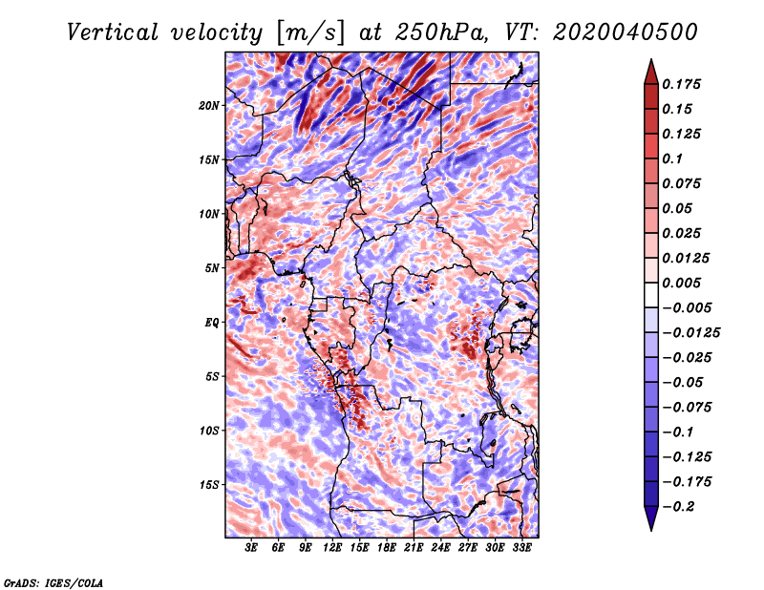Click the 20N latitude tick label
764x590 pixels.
[x=209, y=105]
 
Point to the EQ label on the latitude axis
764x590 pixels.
[x=212, y=322]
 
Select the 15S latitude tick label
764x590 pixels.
[x=209, y=485]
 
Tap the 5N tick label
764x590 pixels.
[x=212, y=268]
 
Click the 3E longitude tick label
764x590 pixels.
[x=251, y=548]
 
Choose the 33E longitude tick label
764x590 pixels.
[x=521, y=548]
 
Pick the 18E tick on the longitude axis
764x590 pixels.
[x=386, y=548]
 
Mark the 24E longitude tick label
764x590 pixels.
[x=440, y=548]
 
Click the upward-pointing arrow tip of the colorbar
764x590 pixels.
[x=649, y=62]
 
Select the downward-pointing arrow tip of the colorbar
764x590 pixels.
[x=649, y=527]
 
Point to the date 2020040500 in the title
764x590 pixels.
[x=611, y=32]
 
